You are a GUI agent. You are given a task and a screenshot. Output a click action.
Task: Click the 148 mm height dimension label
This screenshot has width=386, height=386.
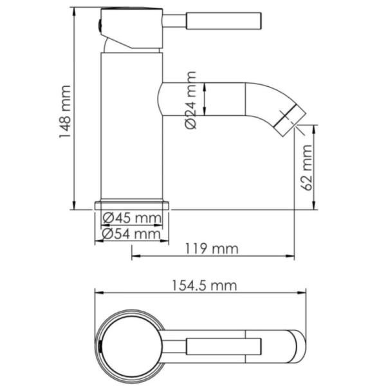(65, 113)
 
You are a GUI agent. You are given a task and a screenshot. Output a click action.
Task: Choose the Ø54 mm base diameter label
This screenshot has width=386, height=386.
(132, 234)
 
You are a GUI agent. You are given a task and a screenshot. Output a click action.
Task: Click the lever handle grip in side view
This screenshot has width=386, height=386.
(223, 21)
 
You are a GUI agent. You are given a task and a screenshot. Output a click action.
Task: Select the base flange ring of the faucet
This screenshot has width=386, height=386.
(132, 205)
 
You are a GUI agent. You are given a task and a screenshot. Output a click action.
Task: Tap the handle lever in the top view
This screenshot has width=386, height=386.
(223, 347)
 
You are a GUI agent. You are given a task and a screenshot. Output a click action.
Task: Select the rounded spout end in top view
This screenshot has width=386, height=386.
(297, 346)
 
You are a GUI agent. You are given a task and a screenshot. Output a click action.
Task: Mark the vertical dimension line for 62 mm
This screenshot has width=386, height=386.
(315, 167)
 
